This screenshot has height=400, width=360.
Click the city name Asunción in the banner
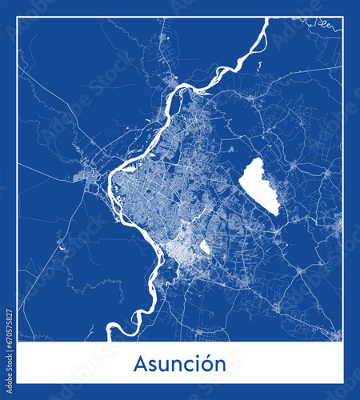pyautogui.click(x=180, y=364)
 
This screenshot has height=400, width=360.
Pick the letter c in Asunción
pyautogui.click(x=184, y=366)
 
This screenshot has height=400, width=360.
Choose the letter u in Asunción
pyautogui.click(x=162, y=366)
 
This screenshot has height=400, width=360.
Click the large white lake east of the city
pyautogui.click(x=260, y=186)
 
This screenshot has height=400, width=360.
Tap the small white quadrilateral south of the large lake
pyautogui.click(x=205, y=247)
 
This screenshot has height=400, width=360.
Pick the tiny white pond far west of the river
pyautogui.click(x=62, y=248)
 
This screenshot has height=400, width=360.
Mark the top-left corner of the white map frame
pyautogui.click(x=18, y=18)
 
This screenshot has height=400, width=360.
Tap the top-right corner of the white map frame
pyautogui.click(x=342, y=18)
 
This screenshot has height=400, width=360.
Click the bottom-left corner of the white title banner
pyautogui.click(x=18, y=382)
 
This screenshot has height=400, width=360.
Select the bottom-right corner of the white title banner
pyautogui.click(x=342, y=382)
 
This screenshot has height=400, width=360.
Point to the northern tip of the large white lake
pyautogui.click(x=256, y=158)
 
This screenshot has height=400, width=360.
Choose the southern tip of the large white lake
pyautogui.click(x=276, y=214)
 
